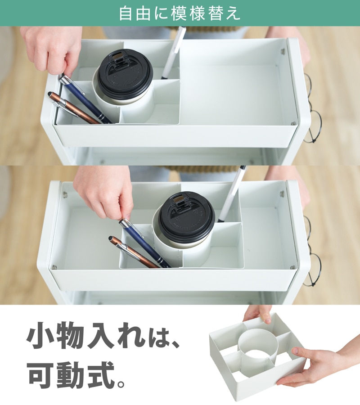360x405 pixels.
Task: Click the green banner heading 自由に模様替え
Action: [180, 13]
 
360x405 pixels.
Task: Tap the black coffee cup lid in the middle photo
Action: [187, 216]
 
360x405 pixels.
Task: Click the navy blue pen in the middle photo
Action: [144, 243]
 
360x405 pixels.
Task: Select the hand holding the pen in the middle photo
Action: [104, 193]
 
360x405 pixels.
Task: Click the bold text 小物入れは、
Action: [103, 336]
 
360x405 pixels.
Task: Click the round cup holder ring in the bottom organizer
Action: [258, 348]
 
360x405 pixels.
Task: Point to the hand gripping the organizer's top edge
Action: [258, 314]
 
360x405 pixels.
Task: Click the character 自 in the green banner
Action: [126, 13]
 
